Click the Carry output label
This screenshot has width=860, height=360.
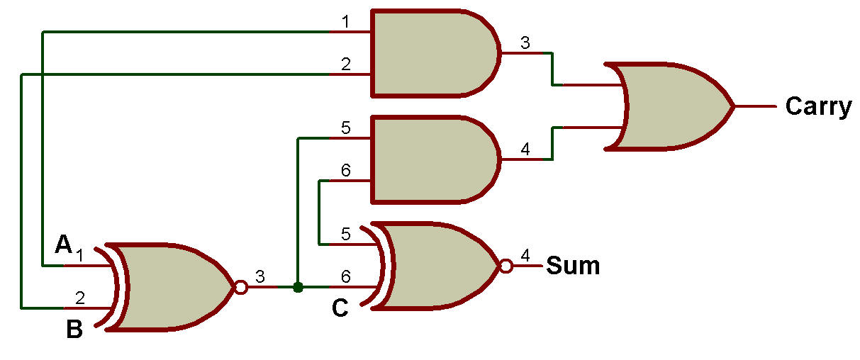click(x=817, y=107)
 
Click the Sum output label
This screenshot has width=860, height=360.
click(x=572, y=266)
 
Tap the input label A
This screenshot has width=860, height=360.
click(x=64, y=245)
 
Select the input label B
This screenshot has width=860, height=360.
click(x=74, y=330)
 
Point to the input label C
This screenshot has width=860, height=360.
click(x=340, y=309)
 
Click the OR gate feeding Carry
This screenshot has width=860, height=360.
click(x=670, y=106)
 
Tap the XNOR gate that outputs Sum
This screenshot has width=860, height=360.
click(x=436, y=266)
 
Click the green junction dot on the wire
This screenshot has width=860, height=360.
click(x=298, y=287)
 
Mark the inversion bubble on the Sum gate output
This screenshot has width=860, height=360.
click(x=505, y=266)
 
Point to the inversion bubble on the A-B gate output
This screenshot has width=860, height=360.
click(x=240, y=288)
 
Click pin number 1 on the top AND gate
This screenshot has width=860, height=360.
click(x=345, y=22)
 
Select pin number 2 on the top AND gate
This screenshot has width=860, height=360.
click(x=345, y=64)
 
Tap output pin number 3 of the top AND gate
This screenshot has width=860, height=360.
click(x=525, y=43)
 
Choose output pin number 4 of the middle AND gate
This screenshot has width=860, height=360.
click(x=525, y=150)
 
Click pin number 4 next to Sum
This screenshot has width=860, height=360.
click(x=525, y=256)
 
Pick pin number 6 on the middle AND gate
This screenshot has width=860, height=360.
click(x=345, y=171)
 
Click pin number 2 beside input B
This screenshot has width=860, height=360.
click(x=80, y=298)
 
